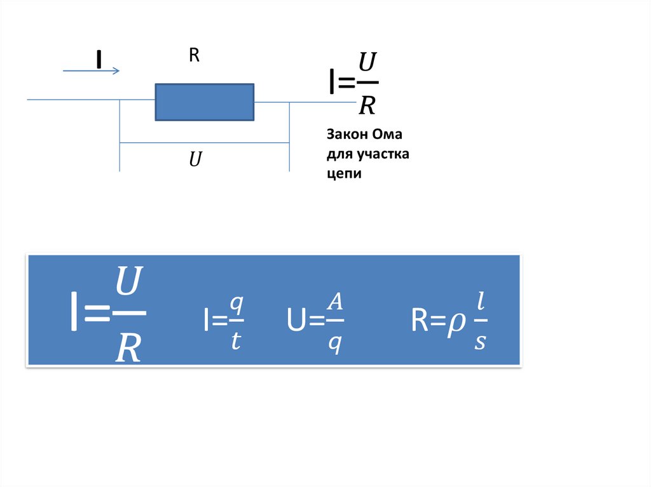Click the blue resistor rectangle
pos(205,102)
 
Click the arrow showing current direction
pos(91,71)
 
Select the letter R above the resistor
pos(194,56)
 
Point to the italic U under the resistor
pos(195,159)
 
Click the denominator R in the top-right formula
pos(367,104)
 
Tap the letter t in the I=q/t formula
pos(235,341)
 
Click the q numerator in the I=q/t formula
pos(235,304)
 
